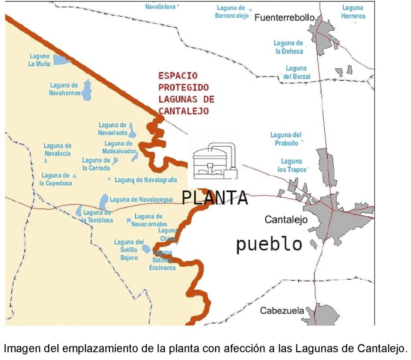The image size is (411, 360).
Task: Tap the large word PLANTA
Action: (215, 198)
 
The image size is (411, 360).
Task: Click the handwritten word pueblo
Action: (269, 244)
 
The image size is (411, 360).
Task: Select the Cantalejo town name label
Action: (286, 219)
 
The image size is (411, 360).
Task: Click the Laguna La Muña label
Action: (40, 60)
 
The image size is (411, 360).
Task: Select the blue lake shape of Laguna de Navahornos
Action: (87, 90)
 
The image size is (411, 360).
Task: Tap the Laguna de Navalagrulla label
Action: (146, 180)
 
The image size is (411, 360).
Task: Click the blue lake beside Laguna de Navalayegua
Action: (103, 202)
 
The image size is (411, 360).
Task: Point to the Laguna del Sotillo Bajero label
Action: (129, 250)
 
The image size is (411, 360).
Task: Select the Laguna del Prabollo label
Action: (286, 139)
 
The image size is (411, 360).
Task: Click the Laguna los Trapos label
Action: (292, 165)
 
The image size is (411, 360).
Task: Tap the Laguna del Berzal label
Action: (296, 72)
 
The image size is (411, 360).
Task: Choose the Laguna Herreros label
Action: (353, 12)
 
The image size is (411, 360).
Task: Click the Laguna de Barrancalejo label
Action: (232, 12)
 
